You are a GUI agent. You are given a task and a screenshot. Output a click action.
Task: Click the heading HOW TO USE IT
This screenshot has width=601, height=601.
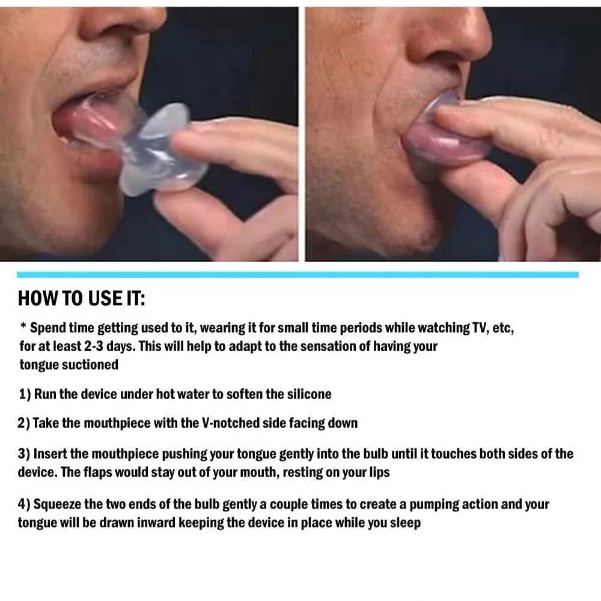click(81, 298)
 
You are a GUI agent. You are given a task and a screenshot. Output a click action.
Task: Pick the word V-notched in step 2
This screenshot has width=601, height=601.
click(227, 423)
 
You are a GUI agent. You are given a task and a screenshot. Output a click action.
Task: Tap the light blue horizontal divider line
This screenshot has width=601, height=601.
click(297, 275)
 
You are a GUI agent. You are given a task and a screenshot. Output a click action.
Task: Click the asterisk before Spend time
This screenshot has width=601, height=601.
click(23, 328)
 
